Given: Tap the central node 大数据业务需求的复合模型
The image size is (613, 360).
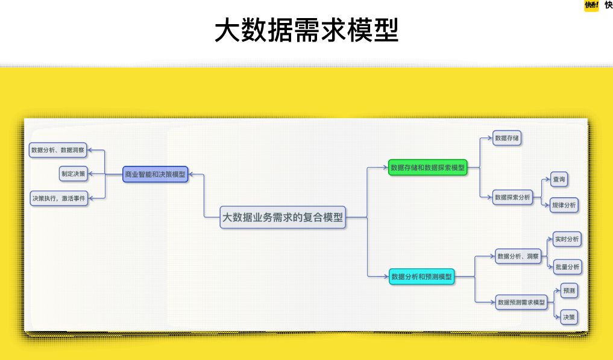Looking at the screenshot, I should [x=283, y=218].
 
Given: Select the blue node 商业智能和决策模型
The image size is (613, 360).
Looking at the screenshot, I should [x=155, y=174].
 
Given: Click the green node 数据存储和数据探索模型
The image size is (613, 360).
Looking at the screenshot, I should [x=428, y=168].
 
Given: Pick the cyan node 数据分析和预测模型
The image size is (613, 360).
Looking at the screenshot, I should [x=421, y=277].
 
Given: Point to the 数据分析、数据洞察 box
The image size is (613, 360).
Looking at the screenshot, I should [x=58, y=150].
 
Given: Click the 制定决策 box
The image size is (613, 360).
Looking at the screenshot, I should [x=73, y=174].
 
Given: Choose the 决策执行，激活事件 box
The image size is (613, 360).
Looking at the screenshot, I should [x=58, y=198].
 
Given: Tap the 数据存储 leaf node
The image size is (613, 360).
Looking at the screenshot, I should [x=507, y=138].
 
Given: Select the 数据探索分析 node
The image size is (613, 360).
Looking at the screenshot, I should [x=512, y=197].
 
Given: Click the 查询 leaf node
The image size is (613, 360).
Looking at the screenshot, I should [x=559, y=179].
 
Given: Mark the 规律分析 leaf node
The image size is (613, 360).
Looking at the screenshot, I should [x=564, y=205].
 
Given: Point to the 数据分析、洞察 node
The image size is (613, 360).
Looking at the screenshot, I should [x=518, y=256].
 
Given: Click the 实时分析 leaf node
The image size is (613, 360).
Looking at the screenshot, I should [x=567, y=239].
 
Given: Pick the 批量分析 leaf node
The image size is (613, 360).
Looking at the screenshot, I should [x=567, y=267].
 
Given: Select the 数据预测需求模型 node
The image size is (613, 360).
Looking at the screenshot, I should [x=521, y=302].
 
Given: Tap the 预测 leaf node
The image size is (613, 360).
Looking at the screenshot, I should [x=569, y=291].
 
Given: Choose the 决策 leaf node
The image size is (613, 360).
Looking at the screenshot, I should [x=569, y=317].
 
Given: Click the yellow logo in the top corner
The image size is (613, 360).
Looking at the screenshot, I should [x=591, y=5].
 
